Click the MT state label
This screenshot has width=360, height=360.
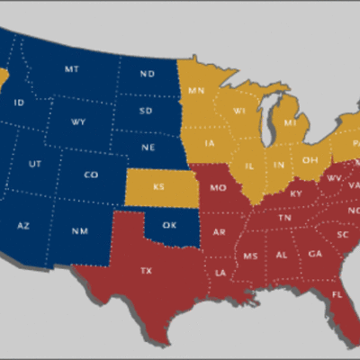pyautogui.click(x=71, y=69)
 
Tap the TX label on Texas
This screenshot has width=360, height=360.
pyautogui.click(x=147, y=270)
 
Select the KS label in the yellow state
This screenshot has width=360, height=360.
pyautogui.click(x=159, y=187)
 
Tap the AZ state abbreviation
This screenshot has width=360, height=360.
pyautogui.click(x=23, y=225)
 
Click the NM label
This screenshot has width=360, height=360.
pyautogui.click(x=80, y=232)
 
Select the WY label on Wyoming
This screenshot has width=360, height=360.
pyautogui.click(x=78, y=121)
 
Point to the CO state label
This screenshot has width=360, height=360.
pyautogui.click(x=90, y=175)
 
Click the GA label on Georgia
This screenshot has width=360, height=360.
pyautogui.click(x=314, y=254)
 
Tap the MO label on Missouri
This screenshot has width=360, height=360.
pyautogui.click(x=217, y=188)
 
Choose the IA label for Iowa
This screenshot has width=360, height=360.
pyautogui.click(x=210, y=143)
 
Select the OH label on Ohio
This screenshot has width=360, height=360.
pyautogui.click(x=309, y=160)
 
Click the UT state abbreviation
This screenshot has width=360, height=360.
pyautogui.click(x=35, y=165)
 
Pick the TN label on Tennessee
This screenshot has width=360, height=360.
pyautogui.click(x=284, y=218)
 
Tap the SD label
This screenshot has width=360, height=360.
pyautogui.click(x=146, y=111)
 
